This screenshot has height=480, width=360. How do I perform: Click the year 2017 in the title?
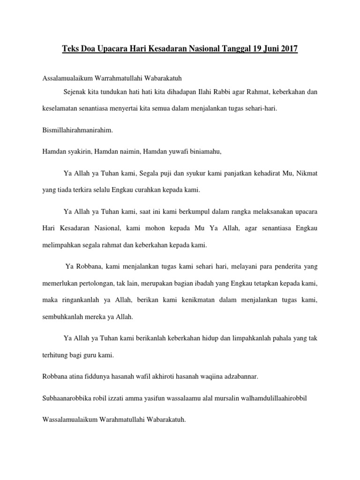click(287, 49)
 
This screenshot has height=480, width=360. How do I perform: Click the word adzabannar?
click(237, 376)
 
